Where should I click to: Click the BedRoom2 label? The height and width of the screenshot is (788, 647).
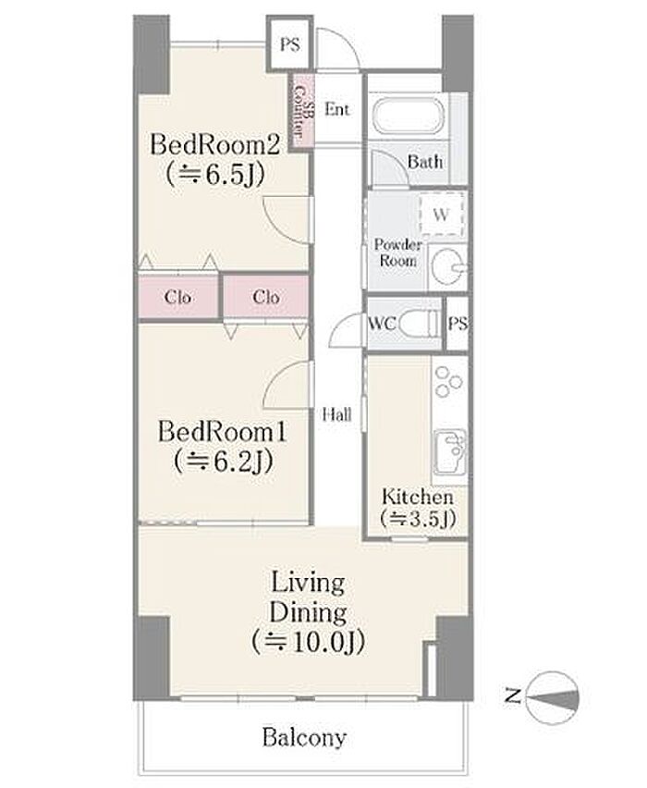coord(214,145)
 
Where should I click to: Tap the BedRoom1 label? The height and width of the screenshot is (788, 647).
coord(222,432)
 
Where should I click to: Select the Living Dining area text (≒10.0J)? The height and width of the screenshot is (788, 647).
coord(308,641)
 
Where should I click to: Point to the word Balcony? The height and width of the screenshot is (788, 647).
coord(304,738)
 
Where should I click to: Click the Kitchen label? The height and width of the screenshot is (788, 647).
coord(418,497)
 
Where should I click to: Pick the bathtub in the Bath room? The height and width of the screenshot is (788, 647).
coord(409,117)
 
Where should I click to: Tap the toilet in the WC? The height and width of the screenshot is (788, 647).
coord(419,323)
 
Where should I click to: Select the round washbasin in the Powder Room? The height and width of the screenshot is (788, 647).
coord(448,267)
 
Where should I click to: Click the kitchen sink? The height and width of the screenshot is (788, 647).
coord(450,451)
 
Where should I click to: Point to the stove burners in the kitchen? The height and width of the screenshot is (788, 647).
coord(448,381)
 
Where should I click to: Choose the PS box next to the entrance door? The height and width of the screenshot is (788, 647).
coord(290,44)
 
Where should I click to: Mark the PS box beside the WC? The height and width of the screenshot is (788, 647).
coord(458,324)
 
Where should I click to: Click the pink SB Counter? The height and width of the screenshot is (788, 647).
coord(302,111)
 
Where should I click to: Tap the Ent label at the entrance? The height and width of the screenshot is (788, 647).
coord(337,109)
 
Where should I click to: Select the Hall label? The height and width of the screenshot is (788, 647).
coord(337,414)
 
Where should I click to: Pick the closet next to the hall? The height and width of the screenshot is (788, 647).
coord(266,297)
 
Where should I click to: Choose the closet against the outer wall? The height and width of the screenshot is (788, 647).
coord(178,297)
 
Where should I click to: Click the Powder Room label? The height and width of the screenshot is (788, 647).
coord(397,252)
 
